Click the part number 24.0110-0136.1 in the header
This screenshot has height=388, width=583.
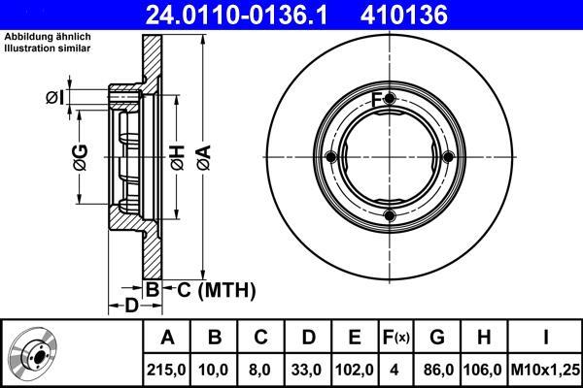pyautogui.click(x=236, y=15)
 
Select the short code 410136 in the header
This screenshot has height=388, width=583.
pyautogui.click(x=404, y=15)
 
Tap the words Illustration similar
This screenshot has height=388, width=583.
pyautogui.click(x=48, y=48)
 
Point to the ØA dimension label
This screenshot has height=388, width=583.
pyautogui.click(x=204, y=158)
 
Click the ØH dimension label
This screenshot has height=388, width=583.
pyautogui.click(x=178, y=158)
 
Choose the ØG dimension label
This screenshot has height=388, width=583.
pyautogui.click(x=81, y=157)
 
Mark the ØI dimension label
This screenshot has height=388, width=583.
pyautogui.click(x=55, y=98)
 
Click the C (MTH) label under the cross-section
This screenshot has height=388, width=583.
pyautogui.click(x=217, y=290)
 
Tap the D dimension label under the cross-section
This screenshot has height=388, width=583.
pyautogui.click(x=131, y=306)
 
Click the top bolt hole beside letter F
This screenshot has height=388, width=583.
pyautogui.click(x=390, y=99)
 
